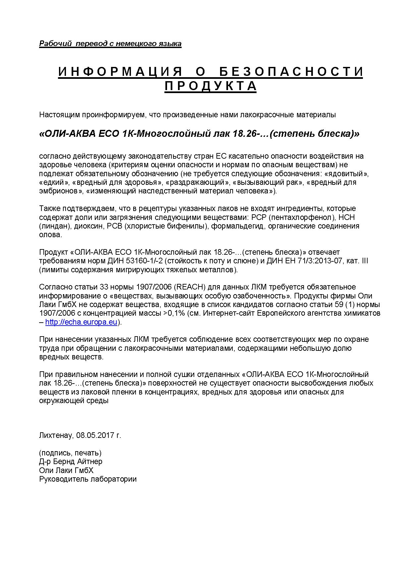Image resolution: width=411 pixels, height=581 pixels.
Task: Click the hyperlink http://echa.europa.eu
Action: coord(81,322)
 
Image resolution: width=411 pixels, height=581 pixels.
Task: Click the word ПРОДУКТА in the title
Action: coord(210,86)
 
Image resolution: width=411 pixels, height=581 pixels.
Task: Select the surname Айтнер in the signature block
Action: coord(89,461)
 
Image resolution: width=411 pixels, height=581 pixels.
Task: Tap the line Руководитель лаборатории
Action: coord(88,479)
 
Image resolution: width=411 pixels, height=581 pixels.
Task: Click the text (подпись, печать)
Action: coord(70,453)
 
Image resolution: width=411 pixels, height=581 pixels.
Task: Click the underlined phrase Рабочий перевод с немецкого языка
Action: coord(110,43)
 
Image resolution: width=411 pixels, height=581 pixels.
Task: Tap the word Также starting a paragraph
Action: coord(49,209)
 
